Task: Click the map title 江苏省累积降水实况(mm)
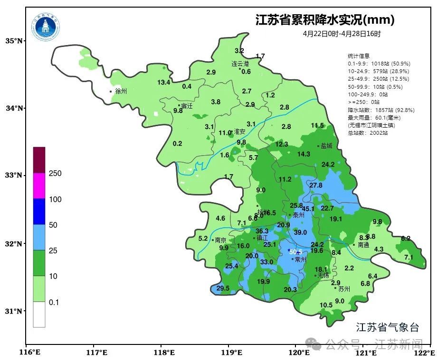[325, 20]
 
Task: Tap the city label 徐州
[121, 91]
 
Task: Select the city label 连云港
[240, 64]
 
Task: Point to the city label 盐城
[326, 146]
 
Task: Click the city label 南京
[220, 240]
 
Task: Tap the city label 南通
[363, 245]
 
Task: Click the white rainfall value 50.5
[296, 251]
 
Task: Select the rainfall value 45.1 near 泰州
[308, 209]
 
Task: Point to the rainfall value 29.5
[223, 288]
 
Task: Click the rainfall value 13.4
[164, 82]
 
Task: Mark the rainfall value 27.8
[316, 185]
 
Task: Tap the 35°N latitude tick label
[14, 41]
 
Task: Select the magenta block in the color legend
[39, 186]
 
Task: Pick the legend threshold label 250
[55, 174]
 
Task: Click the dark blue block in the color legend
[39, 211]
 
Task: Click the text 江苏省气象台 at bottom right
[388, 327]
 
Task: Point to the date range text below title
[342, 34]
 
